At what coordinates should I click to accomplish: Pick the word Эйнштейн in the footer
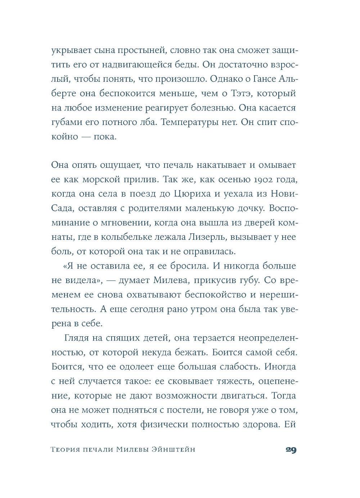click(173, 450)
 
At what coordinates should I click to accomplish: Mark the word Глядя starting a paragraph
click(78, 338)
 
